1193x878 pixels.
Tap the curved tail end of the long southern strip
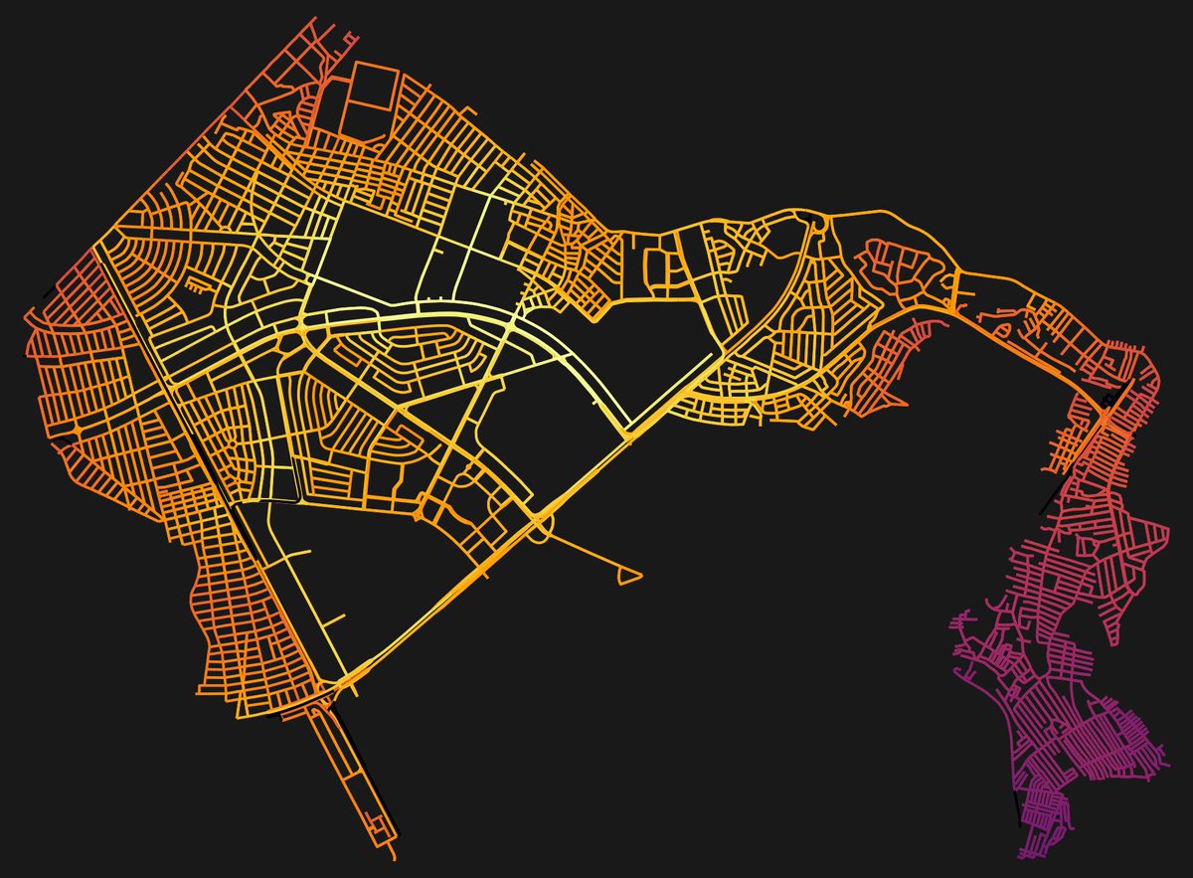(x=394, y=851)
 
